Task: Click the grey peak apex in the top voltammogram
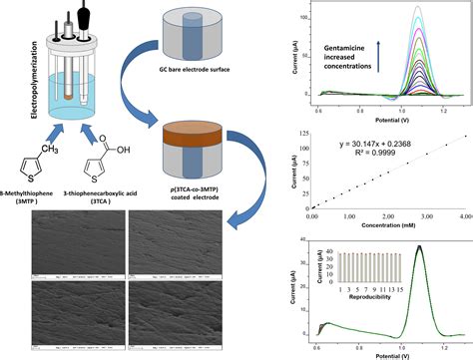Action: pos(418,7)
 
